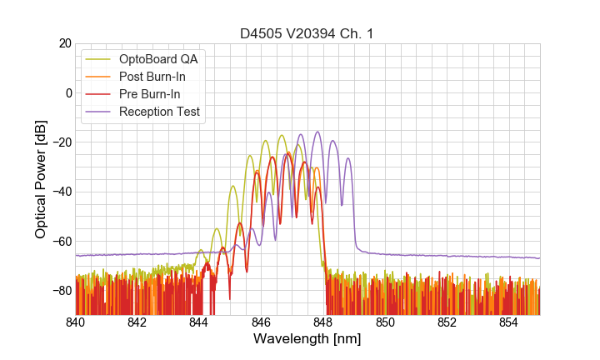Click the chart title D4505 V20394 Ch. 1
click(307, 33)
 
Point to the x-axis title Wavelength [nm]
click(307, 340)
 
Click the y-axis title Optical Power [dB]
click(41, 179)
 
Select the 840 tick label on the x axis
click(76, 322)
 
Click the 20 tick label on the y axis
click(63, 43)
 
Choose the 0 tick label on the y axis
click(67, 92)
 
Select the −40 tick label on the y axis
click(60, 192)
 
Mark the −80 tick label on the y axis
click(60, 291)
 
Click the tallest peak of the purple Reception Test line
click(317, 132)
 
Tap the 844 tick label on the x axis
click(199, 322)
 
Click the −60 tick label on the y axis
click(60, 242)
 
